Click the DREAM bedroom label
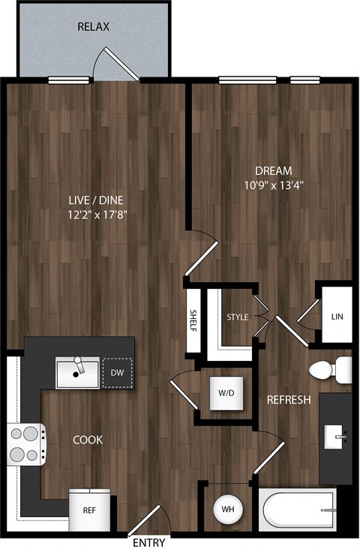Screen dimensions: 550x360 tap(273, 170)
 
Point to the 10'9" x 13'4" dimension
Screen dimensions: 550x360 tap(273, 185)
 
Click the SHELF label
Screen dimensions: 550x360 tap(193, 320)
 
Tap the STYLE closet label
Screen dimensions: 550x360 tap(237, 317)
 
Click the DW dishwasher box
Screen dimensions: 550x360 tap(117, 373)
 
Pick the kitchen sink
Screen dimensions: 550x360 tap(77, 373)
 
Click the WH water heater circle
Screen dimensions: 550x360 tap(226, 509)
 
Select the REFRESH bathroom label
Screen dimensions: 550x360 tap(289, 400)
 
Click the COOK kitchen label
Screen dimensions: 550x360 tap(88, 440)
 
